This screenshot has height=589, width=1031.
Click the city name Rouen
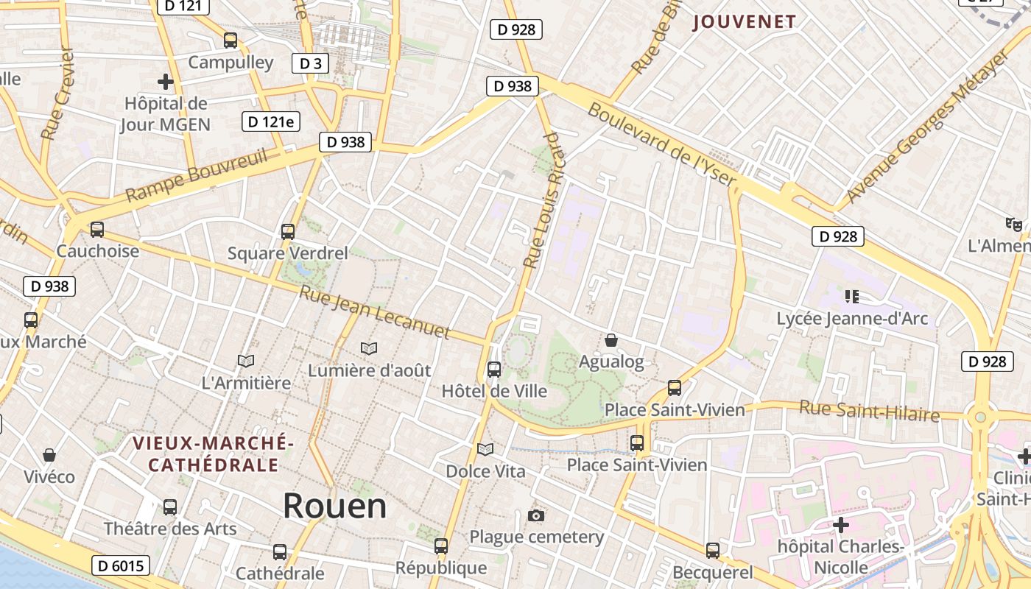click(334, 506)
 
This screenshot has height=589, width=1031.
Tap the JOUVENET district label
click(745, 22)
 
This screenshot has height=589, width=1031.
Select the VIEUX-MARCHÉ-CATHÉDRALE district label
click(214, 454)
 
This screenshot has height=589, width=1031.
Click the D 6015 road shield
click(122, 565)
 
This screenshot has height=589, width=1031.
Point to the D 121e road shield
click(271, 121)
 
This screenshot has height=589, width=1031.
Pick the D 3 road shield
click(310, 63)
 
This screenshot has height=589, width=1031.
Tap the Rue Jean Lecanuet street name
click(374, 312)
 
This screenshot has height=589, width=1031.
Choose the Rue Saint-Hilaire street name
click(870, 411)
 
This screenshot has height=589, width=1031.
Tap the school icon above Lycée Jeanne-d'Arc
click(852, 297)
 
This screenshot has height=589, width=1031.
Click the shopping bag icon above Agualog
click(610, 340)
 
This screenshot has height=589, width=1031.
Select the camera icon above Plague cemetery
click(536, 515)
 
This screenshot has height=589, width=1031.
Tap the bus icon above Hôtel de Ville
click(494, 370)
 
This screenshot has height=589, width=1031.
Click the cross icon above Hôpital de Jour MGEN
click(166, 82)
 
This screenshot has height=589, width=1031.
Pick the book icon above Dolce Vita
click(485, 449)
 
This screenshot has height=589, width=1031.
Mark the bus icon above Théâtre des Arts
click(170, 507)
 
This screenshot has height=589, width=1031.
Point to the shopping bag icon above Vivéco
click(49, 455)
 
